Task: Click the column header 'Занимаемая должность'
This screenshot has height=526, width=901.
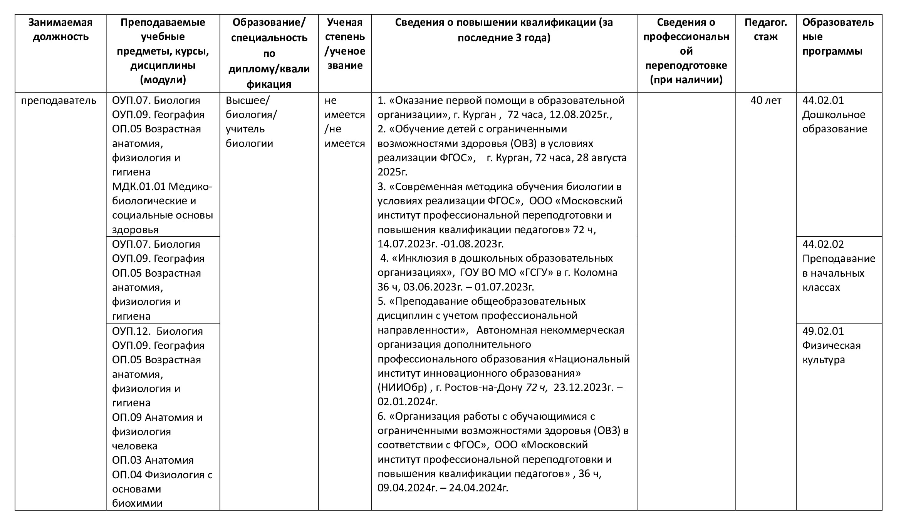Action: pyautogui.click(x=60, y=30)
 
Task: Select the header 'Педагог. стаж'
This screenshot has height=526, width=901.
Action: pyautogui.click(x=765, y=30)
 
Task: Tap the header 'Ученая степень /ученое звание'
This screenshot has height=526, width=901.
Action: pyautogui.click(x=345, y=44)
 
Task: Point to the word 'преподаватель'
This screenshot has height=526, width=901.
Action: pyautogui.click(x=59, y=100)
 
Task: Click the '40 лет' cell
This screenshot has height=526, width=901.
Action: pyautogui.click(x=766, y=100)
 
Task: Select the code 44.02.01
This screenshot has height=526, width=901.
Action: pyautogui.click(x=823, y=100)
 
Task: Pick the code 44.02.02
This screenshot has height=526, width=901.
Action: pyautogui.click(x=823, y=244)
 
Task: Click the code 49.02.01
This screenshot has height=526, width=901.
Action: pyautogui.click(x=823, y=331)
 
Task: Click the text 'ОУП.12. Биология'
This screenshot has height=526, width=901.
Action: pyautogui.click(x=157, y=331)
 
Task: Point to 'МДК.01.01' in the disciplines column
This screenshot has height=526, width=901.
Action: pyautogui.click(x=139, y=187)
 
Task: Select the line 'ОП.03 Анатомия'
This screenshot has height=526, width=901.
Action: pyautogui.click(x=153, y=460)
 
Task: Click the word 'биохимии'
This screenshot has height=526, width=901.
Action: pyautogui.click(x=137, y=503)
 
